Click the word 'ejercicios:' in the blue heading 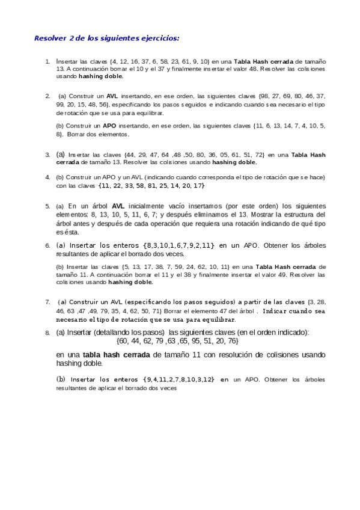[158, 38]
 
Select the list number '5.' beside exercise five [47, 206]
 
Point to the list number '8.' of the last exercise [47, 332]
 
